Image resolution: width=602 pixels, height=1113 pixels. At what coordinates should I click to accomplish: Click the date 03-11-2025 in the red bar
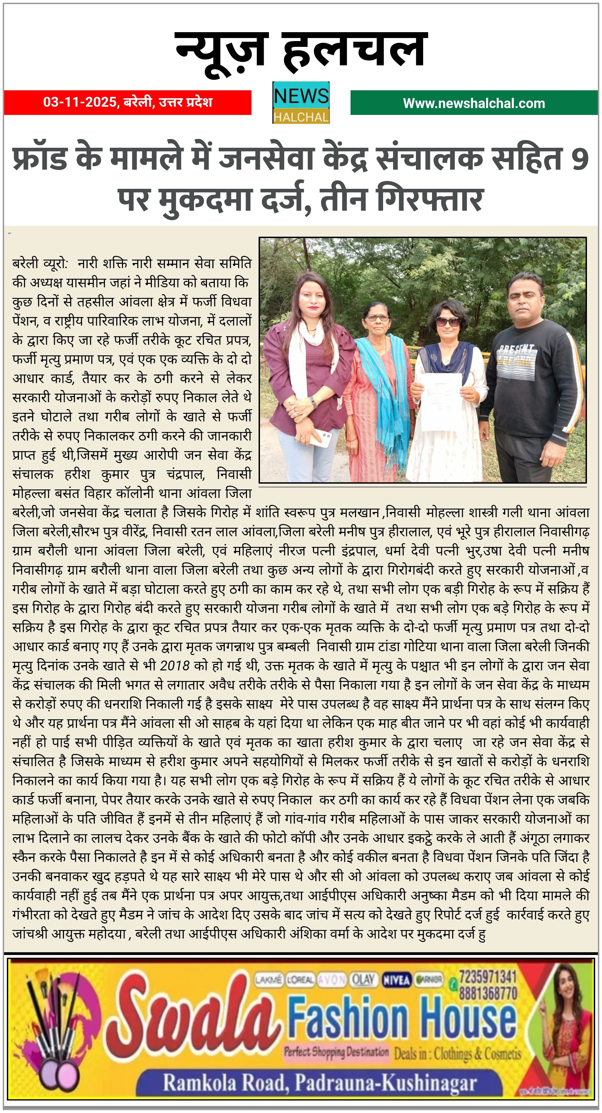pos(80,102)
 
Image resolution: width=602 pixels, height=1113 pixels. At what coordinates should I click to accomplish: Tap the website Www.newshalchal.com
pos(474,103)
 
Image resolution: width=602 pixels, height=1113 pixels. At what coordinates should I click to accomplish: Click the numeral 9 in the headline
pos(579,159)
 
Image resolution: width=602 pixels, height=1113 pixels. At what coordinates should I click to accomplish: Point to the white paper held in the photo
pos(441,402)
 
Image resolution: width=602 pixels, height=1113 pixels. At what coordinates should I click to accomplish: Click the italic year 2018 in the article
pos(174,665)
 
